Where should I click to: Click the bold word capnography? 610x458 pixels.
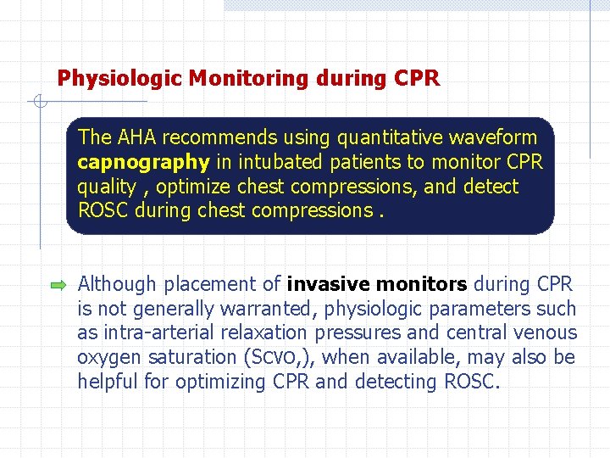142,162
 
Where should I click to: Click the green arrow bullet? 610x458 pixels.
58,286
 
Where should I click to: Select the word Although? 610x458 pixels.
117,284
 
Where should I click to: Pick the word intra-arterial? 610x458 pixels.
152,333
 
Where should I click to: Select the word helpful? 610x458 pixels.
108,383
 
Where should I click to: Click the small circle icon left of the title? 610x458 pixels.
39,103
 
